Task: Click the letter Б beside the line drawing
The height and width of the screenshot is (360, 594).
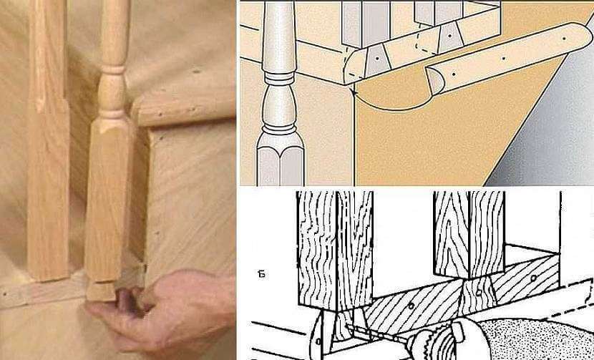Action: (262, 274)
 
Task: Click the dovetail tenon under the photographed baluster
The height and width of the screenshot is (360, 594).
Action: (101, 291)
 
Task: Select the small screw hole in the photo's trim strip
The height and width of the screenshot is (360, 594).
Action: (4, 293)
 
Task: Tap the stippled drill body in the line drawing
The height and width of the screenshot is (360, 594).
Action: (534, 339)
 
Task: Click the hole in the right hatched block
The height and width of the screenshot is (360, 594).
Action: (534, 278)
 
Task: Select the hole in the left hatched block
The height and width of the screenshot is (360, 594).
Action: (412, 305)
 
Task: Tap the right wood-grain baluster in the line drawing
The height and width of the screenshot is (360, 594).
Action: (469, 234)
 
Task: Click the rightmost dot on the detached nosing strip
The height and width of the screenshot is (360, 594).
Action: (564, 38)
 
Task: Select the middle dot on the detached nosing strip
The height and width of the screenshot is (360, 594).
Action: (503, 59)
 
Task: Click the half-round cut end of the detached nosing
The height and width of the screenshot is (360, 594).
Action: (434, 80)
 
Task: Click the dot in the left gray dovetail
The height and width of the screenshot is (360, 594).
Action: (378, 59)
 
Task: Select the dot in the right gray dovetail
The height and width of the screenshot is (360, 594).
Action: (449, 36)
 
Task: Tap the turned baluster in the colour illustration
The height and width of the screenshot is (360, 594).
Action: (280, 94)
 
